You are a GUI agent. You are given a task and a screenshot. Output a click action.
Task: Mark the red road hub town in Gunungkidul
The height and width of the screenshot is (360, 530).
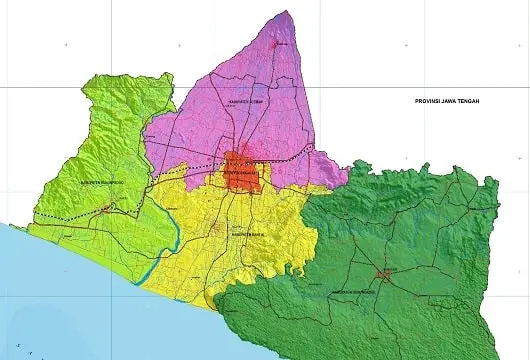385,272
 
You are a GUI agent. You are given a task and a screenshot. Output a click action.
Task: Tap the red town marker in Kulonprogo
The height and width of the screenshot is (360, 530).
110,208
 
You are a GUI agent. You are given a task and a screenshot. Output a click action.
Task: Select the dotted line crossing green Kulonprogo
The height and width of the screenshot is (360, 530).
70,217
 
